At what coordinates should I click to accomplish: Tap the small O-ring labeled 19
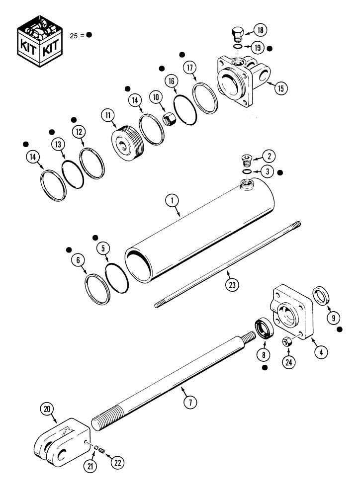click(238, 48)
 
